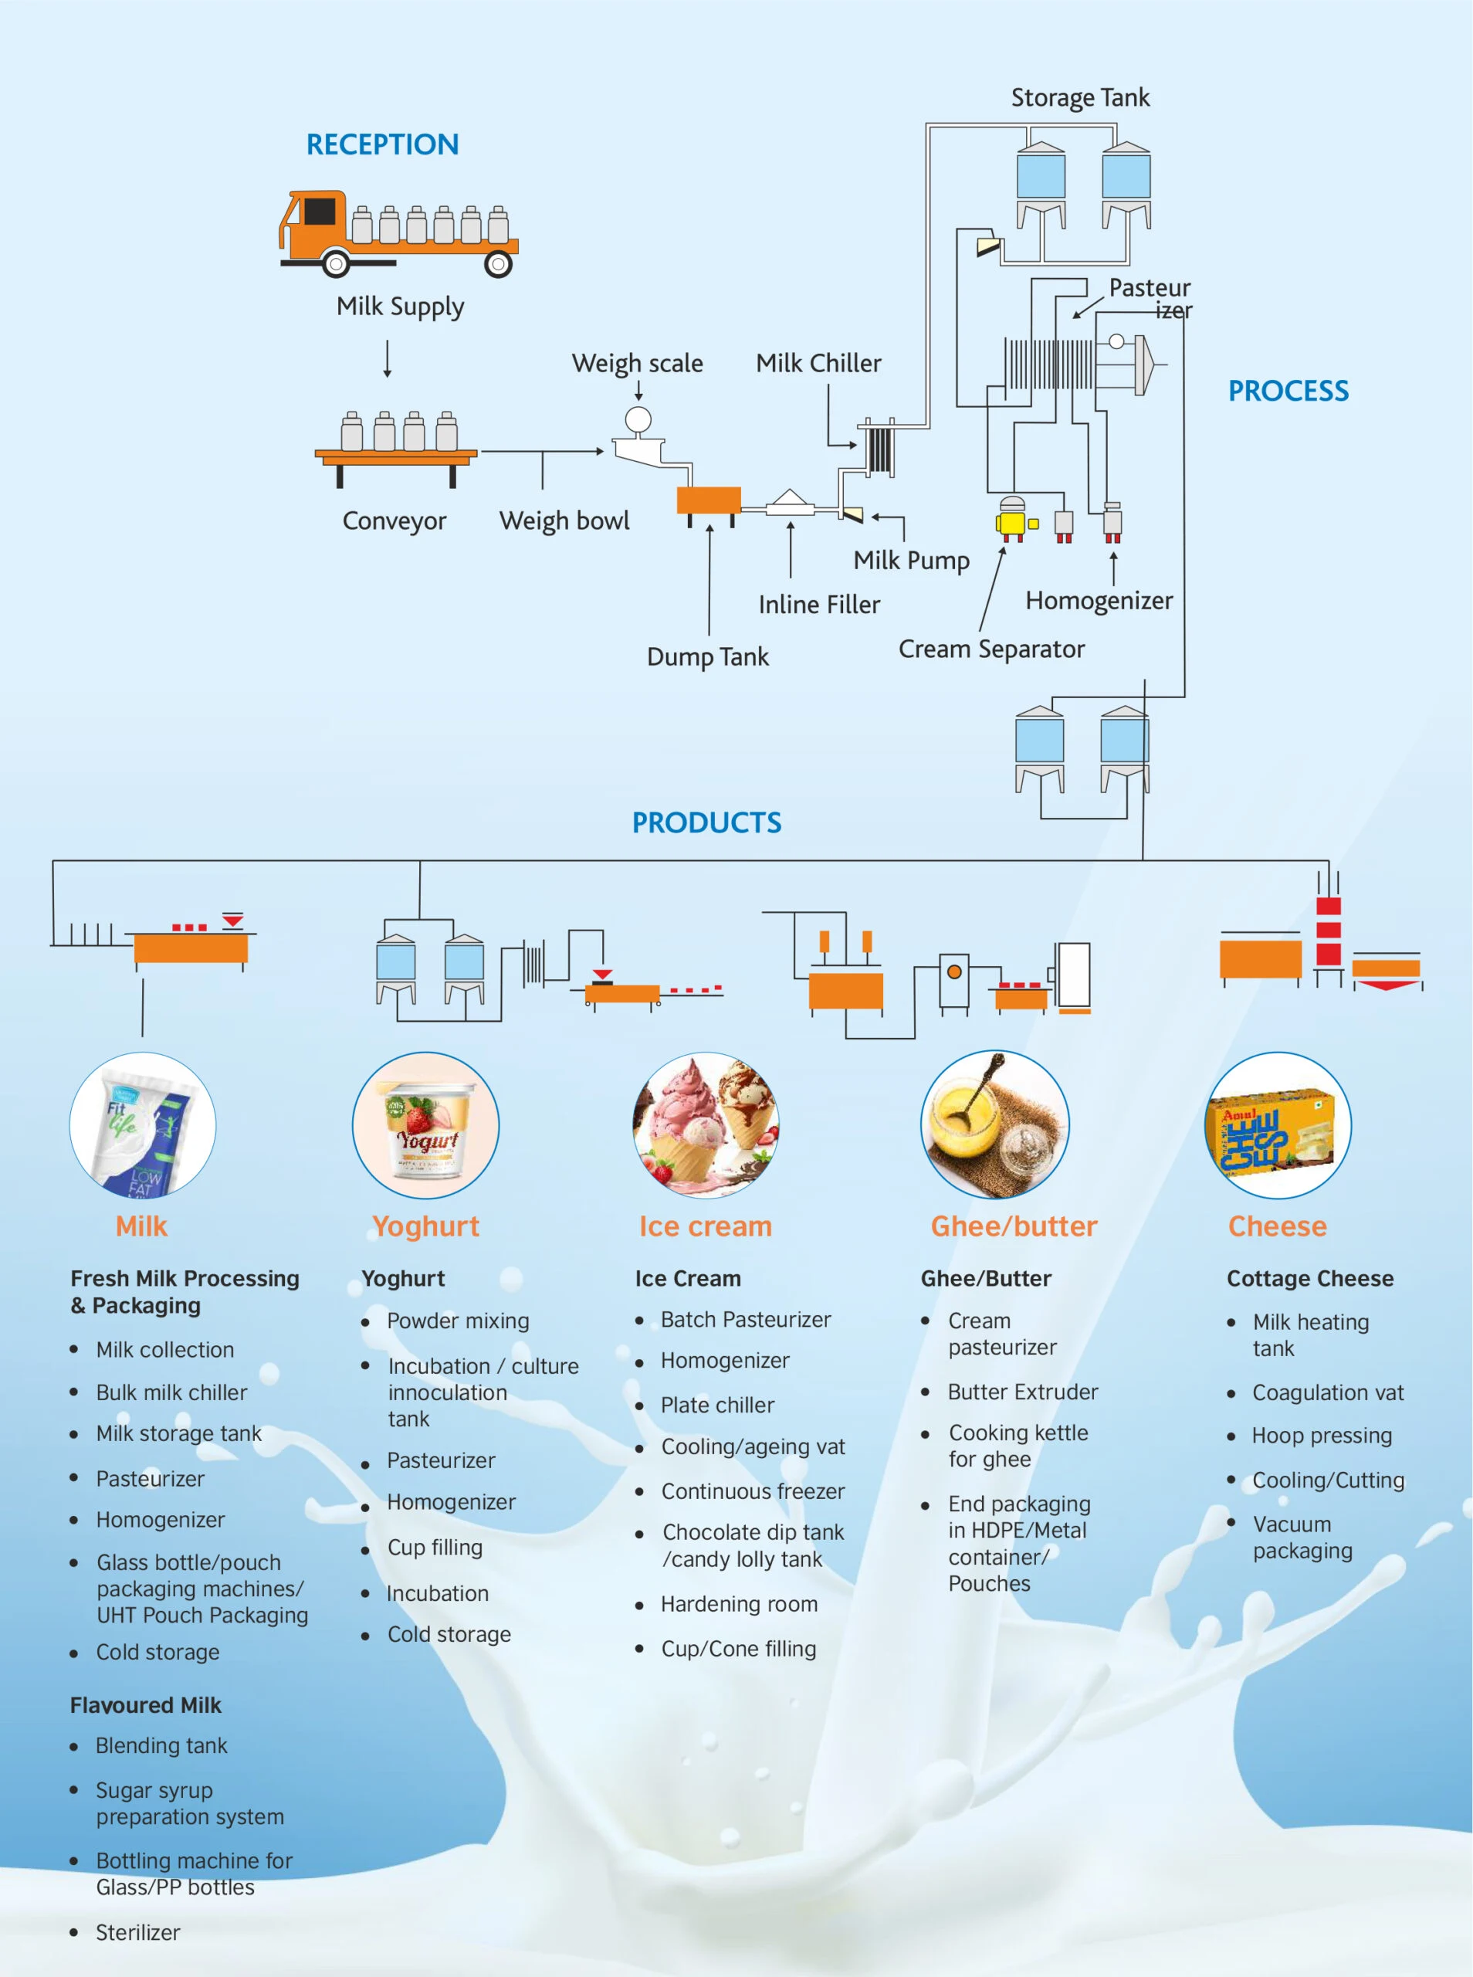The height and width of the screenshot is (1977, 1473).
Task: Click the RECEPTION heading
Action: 381,144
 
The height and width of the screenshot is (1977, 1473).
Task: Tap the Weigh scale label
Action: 637,363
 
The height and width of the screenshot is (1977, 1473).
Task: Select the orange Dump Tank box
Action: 708,500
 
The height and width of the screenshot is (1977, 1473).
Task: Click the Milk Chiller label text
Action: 818,363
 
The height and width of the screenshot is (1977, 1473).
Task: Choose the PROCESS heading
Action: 1288,391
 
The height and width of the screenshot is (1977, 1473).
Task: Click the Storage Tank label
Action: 1079,97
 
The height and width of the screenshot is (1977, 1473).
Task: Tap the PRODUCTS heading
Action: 706,822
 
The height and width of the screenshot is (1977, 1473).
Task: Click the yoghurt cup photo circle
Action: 425,1125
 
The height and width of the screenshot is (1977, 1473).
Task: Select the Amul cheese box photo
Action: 1277,1125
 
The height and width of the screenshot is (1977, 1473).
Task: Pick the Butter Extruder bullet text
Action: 1022,1392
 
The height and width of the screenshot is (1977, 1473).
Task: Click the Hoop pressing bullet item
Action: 1321,1436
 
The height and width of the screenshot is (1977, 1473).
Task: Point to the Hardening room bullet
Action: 738,1604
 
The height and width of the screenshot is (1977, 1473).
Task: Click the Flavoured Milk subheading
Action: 145,1705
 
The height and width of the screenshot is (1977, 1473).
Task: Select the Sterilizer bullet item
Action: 137,1932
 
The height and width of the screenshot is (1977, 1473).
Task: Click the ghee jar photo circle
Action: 994,1125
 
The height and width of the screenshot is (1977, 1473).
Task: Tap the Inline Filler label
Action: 818,605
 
